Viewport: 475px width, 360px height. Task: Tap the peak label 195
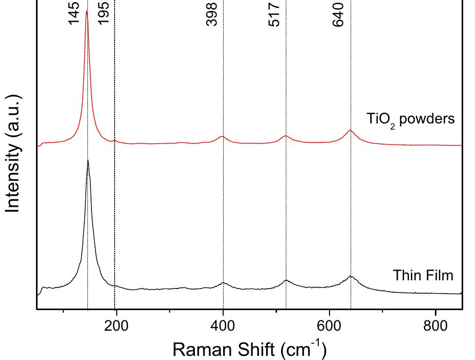coord(104,14)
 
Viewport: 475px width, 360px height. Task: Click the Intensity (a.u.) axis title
coord(14,153)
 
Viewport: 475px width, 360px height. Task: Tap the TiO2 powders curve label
coord(411,120)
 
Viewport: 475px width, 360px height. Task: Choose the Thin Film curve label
coord(423,276)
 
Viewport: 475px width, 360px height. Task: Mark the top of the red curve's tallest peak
coord(86,11)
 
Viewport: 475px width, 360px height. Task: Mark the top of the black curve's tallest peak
coord(88,160)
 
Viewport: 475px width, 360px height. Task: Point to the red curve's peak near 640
coord(350,130)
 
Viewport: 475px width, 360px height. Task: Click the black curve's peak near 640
coord(351,276)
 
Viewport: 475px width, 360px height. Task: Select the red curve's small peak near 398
coord(222,136)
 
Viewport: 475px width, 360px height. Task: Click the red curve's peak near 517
coord(286,135)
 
